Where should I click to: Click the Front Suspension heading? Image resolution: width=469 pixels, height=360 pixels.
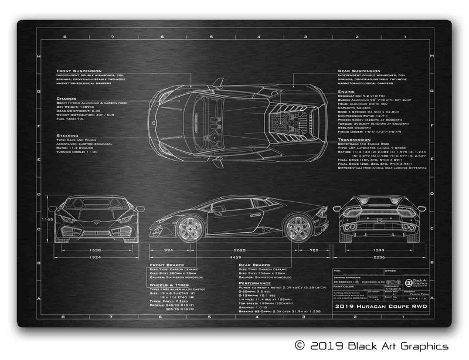click(79, 70)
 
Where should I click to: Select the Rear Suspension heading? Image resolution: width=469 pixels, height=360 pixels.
click(359, 70)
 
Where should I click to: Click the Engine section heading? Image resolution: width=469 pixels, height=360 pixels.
click(346, 92)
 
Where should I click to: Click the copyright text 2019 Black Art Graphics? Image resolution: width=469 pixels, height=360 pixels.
click(371, 346)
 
